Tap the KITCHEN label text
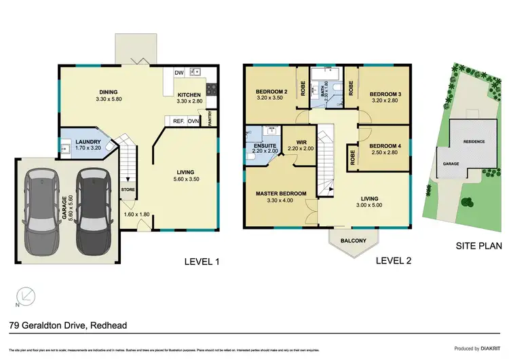[x=191, y=95]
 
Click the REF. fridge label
[x=180, y=122]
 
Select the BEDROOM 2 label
[x=272, y=92]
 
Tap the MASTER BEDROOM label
[x=281, y=194]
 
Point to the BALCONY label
[x=350, y=240]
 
